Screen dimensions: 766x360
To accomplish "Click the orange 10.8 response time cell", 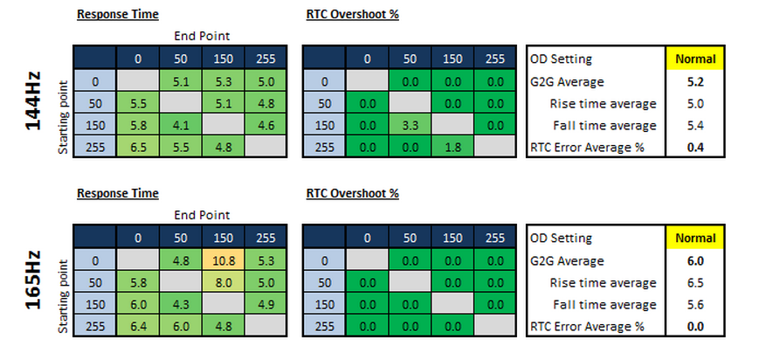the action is (x=224, y=260).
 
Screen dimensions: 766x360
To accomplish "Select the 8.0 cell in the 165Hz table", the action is (x=224, y=282).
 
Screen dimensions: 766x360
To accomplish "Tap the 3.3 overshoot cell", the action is (x=410, y=125).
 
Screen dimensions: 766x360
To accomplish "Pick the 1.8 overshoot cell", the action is (x=452, y=147).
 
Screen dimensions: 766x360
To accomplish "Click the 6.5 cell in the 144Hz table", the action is (x=138, y=147).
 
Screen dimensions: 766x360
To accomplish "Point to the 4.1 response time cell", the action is (x=180, y=125).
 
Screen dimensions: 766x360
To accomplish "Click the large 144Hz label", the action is (x=33, y=101).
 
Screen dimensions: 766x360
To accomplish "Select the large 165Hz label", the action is (x=33, y=280).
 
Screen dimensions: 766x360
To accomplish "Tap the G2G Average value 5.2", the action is (x=694, y=81).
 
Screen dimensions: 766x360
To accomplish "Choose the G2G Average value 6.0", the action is (x=694, y=261).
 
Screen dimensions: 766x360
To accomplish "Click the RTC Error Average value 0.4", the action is (x=694, y=147).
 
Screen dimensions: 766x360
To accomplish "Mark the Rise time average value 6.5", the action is (x=694, y=283).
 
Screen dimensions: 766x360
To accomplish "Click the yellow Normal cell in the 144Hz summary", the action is (x=695, y=59).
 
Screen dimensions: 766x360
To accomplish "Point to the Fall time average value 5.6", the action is (x=694, y=305).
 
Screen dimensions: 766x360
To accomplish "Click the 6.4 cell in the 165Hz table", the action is (x=138, y=326).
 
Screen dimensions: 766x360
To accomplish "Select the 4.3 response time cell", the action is (x=180, y=304).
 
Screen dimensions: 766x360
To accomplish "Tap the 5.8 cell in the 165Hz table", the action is (x=138, y=282).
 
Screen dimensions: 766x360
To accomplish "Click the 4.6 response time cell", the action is (x=266, y=125).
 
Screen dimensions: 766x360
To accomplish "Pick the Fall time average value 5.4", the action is (x=694, y=126).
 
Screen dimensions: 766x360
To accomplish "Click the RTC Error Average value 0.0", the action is (x=694, y=326).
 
